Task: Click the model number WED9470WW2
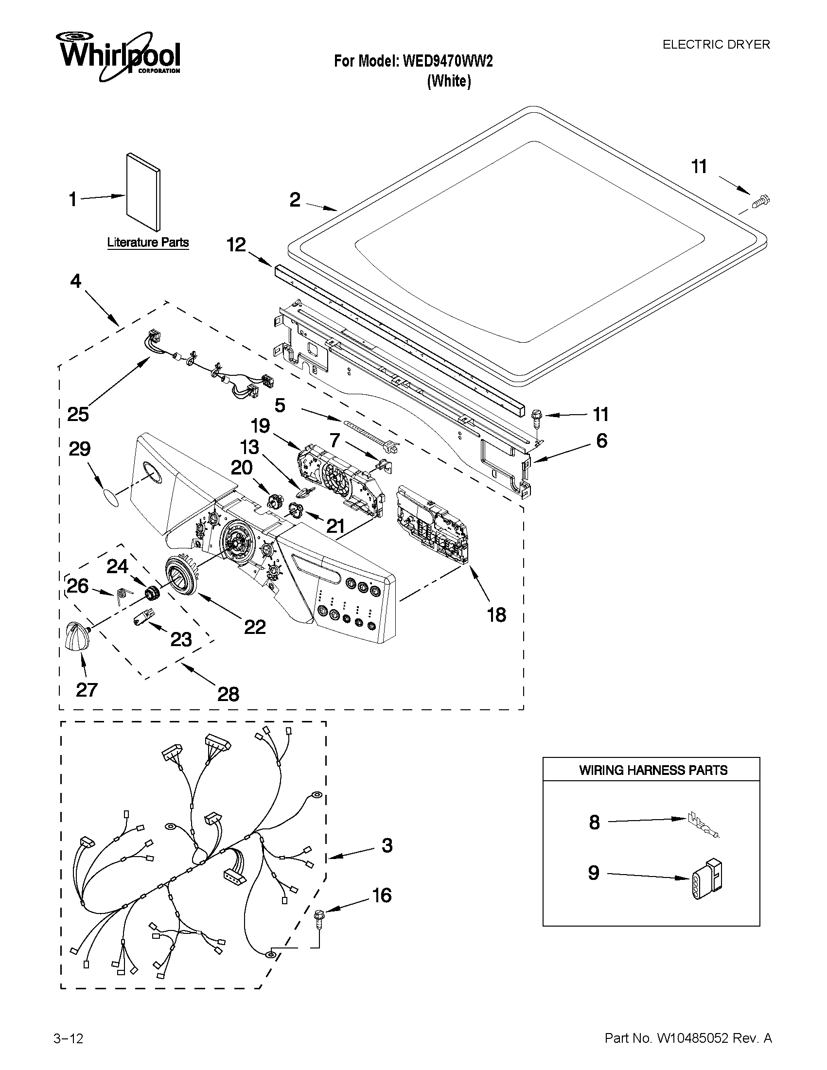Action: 447,61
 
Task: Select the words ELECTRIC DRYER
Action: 716,45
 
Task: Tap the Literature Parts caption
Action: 148,242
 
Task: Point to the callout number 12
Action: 236,245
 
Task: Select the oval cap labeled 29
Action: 111,499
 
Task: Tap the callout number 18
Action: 496,614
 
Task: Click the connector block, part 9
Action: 708,880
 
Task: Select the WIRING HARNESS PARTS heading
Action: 653,770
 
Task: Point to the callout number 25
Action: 78,415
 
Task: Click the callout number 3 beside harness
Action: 387,845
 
